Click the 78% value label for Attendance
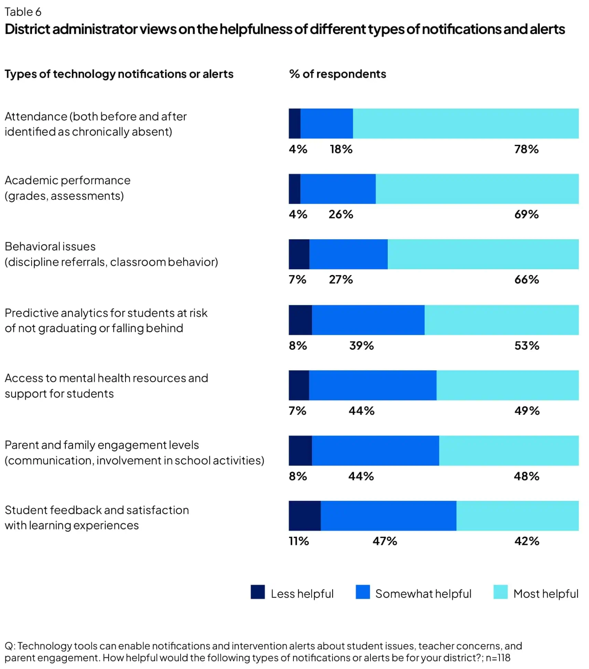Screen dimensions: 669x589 (526, 149)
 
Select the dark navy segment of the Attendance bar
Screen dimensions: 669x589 (294, 123)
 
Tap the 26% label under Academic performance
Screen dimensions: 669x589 (341, 214)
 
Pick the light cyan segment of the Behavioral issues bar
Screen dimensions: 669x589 (483, 254)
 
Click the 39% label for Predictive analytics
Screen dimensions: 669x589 (361, 346)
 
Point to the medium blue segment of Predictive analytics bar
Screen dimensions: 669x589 (368, 320)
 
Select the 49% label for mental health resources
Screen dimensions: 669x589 (527, 410)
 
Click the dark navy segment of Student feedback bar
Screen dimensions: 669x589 (304, 516)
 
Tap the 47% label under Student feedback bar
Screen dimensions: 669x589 (385, 541)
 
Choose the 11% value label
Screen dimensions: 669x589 (299, 541)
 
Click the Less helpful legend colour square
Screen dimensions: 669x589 (258, 592)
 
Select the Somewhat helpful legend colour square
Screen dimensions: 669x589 (363, 592)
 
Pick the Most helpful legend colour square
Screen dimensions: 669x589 (500, 592)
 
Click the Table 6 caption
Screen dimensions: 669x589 (23, 12)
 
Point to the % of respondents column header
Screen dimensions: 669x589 (338, 74)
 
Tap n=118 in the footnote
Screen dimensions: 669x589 (498, 658)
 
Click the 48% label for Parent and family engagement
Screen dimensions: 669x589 (526, 476)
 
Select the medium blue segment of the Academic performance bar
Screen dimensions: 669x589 (338, 189)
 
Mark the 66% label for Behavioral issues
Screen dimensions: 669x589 (526, 279)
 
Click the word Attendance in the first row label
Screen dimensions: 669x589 (36, 117)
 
